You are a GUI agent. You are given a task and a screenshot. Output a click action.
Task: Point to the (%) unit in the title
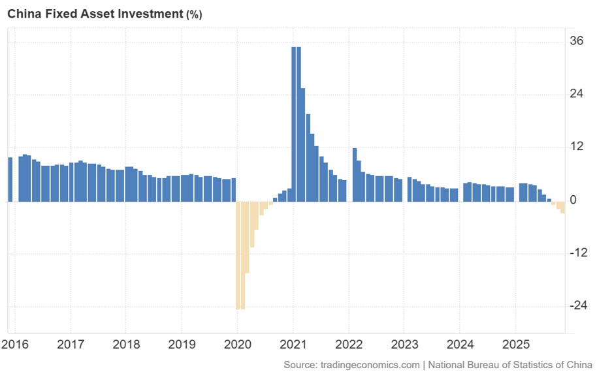194,14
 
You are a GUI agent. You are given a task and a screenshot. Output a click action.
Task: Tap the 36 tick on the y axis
577,40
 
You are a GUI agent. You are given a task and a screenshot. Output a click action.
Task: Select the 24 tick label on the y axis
577,93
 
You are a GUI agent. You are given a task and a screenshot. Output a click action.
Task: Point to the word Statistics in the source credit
523,365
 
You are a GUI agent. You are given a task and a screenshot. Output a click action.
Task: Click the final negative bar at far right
562,207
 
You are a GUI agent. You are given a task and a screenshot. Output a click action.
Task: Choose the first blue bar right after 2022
354,174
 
